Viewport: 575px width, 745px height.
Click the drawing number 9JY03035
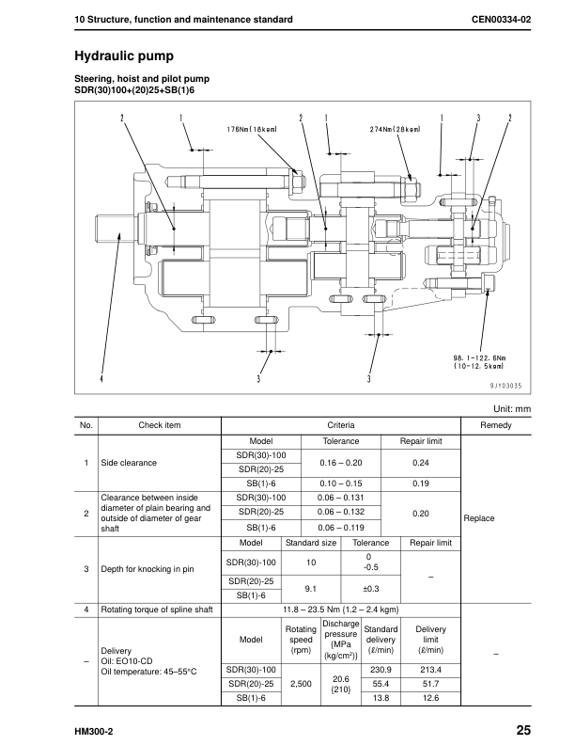pyautogui.click(x=505, y=385)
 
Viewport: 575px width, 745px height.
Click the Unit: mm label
pyautogui.click(x=511, y=409)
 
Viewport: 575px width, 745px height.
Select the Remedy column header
pyautogui.click(x=496, y=426)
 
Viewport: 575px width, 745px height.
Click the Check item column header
pyautogui.click(x=159, y=426)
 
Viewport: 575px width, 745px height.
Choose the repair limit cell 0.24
pyautogui.click(x=421, y=463)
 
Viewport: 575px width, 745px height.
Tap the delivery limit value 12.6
pyautogui.click(x=430, y=698)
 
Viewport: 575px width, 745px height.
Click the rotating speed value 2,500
pyautogui.click(x=301, y=684)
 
